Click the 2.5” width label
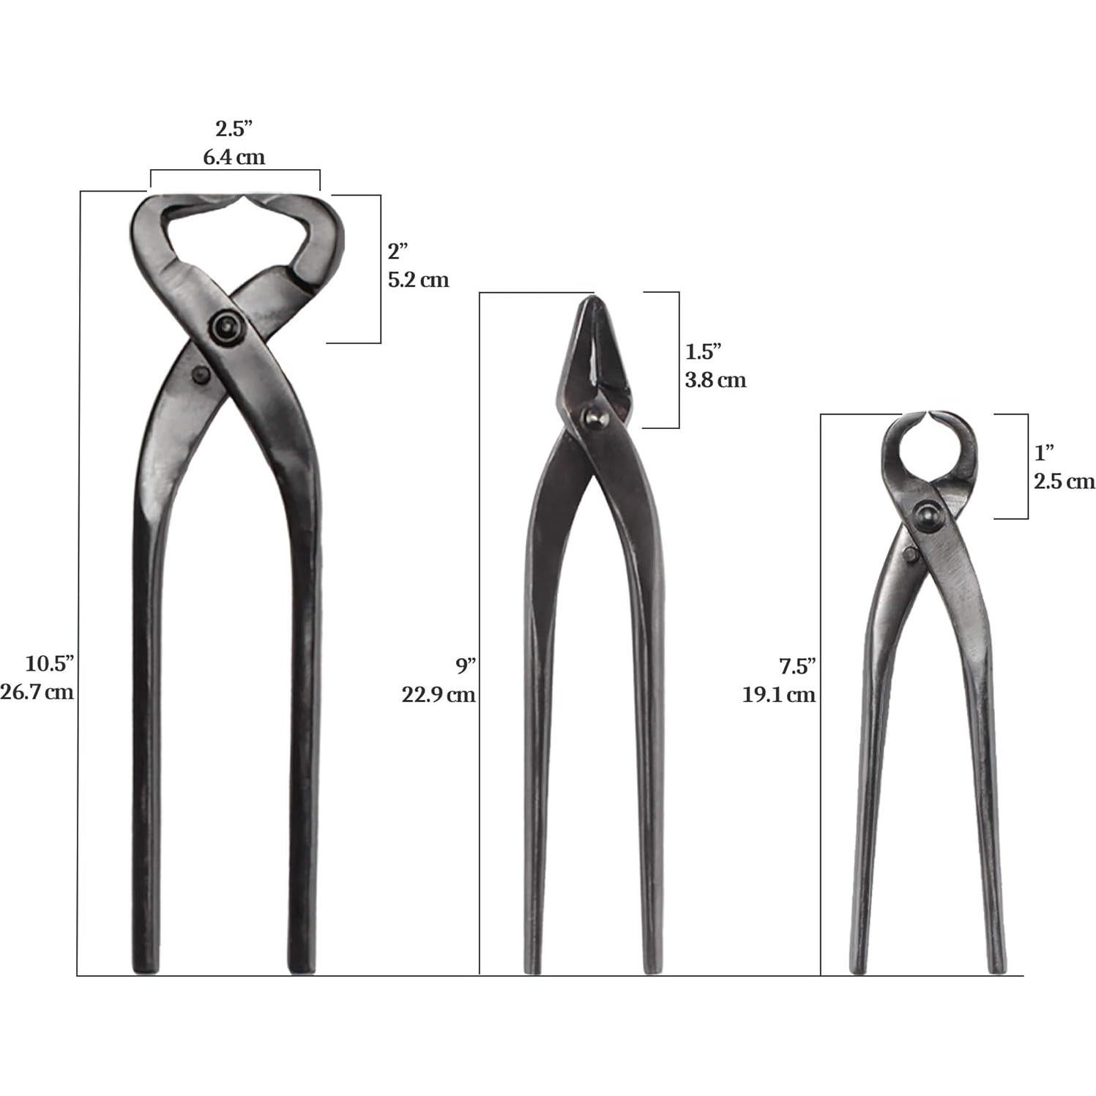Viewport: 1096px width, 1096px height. click(234, 130)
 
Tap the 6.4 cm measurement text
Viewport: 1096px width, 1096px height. click(234, 157)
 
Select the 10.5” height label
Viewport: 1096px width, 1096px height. click(50, 664)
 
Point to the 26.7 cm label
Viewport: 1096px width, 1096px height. click(37, 692)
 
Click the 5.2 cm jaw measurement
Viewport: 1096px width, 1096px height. click(418, 280)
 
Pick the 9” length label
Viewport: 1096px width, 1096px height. click(466, 666)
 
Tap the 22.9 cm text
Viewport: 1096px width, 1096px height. click(438, 694)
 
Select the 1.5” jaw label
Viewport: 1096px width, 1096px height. click(704, 351)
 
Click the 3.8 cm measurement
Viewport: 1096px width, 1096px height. click(715, 380)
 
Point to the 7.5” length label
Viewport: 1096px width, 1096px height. click(797, 666)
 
